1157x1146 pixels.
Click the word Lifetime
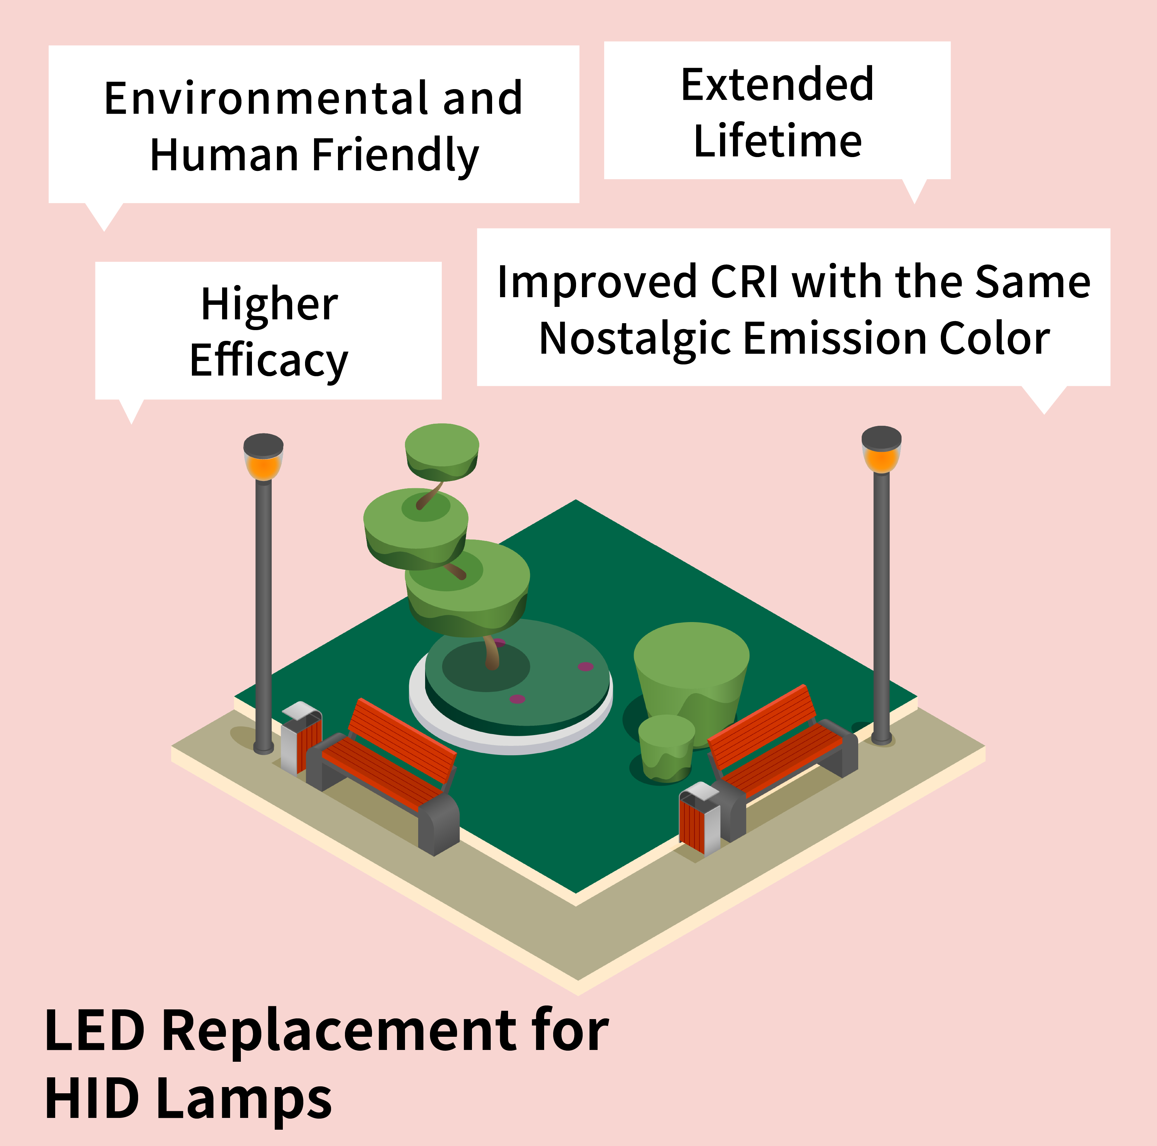[x=777, y=141]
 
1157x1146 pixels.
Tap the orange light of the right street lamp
[x=881, y=459]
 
